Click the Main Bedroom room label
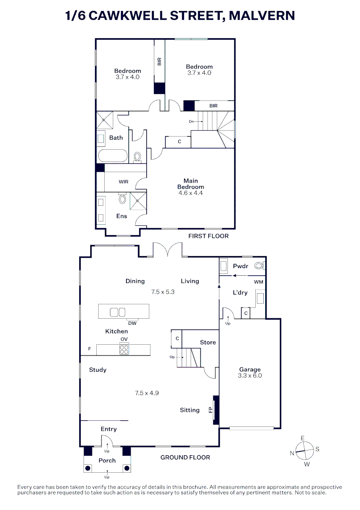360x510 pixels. [x=191, y=184]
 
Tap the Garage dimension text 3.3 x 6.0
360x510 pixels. [x=250, y=376]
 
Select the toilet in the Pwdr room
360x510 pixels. [x=258, y=266]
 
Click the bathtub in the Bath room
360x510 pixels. [x=112, y=156]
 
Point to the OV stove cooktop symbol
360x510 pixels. [x=124, y=350]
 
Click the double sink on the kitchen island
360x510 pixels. [x=117, y=312]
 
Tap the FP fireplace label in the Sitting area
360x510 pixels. [x=211, y=409]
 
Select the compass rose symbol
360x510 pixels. [x=305, y=450]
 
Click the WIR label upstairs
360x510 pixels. [x=124, y=181]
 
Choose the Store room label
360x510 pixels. [x=208, y=342]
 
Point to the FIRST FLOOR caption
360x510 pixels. [x=208, y=236]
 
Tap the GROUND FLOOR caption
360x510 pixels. [x=185, y=457]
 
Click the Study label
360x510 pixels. [x=98, y=370]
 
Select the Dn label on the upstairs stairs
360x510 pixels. [x=191, y=121]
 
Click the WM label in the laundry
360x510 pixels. [x=259, y=282]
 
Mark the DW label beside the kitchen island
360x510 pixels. [x=132, y=323]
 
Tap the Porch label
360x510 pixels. [x=107, y=460]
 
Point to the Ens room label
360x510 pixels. [x=122, y=216]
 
